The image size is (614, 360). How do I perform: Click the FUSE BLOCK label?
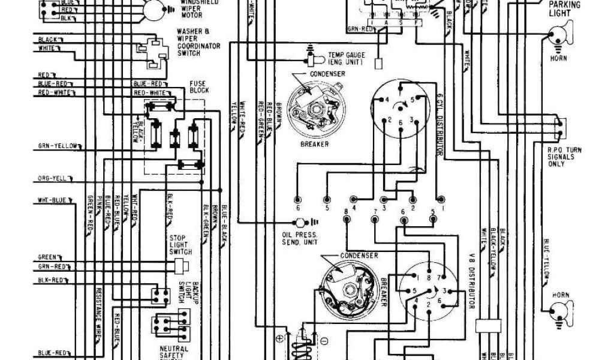(199, 86)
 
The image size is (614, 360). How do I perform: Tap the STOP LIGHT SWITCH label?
(180, 244)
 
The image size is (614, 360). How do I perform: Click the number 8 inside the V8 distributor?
(428, 278)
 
